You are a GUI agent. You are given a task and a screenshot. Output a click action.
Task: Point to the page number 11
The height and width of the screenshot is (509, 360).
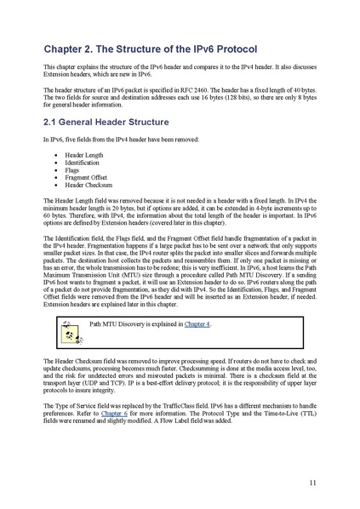coord(312,483)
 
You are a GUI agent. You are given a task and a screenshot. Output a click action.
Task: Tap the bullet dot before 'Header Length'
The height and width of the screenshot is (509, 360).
coord(55,157)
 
